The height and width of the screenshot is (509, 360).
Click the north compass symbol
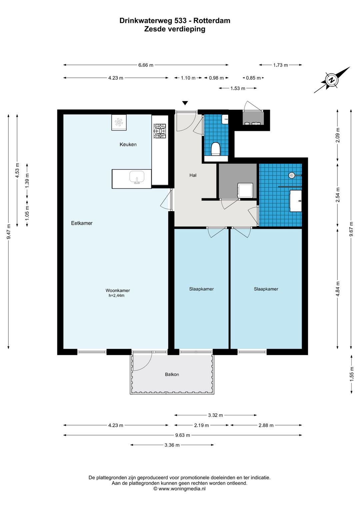click(x=332, y=80)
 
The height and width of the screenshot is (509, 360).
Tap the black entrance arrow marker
click(x=185, y=103)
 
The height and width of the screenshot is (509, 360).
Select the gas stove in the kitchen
click(x=160, y=131)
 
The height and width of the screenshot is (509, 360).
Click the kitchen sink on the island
click(x=137, y=177)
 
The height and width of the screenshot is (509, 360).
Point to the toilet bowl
click(x=215, y=149)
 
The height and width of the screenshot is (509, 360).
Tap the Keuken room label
click(x=128, y=144)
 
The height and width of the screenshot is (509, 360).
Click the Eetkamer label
click(x=82, y=223)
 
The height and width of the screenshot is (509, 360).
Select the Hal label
click(x=193, y=175)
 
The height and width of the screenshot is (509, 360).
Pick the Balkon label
click(x=172, y=374)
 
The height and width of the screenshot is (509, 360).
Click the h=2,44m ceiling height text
click(x=117, y=296)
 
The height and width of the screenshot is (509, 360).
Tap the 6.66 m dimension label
click(x=146, y=65)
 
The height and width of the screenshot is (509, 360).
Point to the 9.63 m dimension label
click(x=183, y=435)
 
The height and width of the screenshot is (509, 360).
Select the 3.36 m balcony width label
click(x=172, y=445)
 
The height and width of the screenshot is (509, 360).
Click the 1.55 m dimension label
click(x=352, y=374)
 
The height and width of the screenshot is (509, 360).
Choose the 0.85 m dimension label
click(x=253, y=78)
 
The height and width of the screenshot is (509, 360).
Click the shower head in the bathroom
click(x=291, y=175)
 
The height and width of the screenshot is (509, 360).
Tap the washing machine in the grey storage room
click(x=245, y=191)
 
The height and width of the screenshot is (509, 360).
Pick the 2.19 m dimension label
click(x=201, y=425)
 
